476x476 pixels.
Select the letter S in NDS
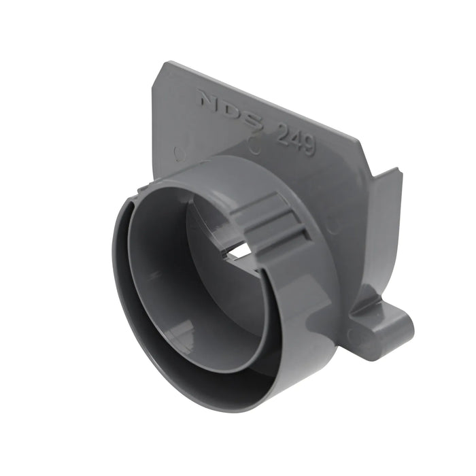pyautogui.click(x=254, y=120)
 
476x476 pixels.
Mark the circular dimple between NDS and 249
pyautogui.click(x=254, y=144)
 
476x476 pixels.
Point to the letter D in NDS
pyautogui.click(x=232, y=110)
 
